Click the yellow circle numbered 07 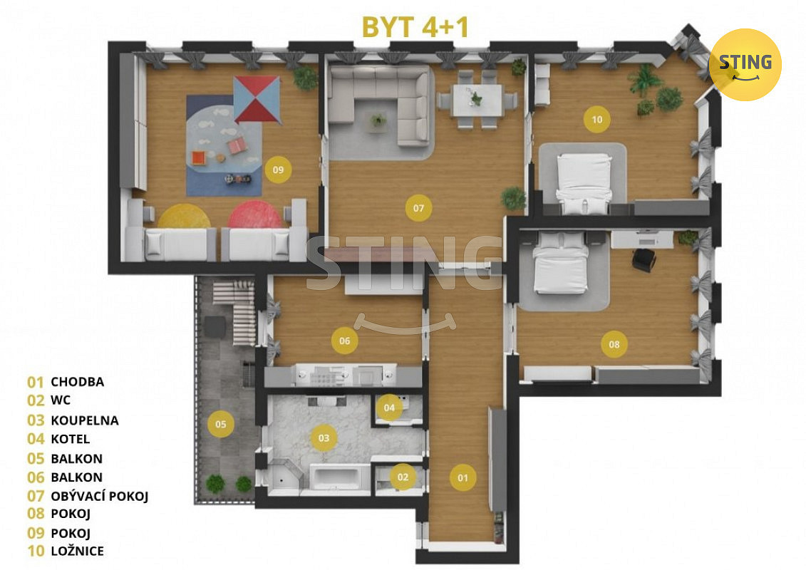[x=418, y=207]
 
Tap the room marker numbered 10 [x=596, y=119]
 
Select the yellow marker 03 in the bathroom [x=324, y=438]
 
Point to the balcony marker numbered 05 [x=220, y=424]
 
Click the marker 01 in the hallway [x=463, y=477]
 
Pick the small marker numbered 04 [x=389, y=408]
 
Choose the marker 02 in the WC [x=403, y=477]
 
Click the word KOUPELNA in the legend [x=85, y=420]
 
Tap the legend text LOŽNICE [x=77, y=551]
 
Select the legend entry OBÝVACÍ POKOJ [x=99, y=496]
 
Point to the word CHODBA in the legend [x=77, y=382]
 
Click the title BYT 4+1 [x=415, y=27]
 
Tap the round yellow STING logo [x=745, y=65]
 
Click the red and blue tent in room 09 [x=257, y=100]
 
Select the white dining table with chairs [x=477, y=100]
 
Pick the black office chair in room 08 [x=644, y=259]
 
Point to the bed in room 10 [x=584, y=183]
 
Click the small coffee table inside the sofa [x=379, y=121]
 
